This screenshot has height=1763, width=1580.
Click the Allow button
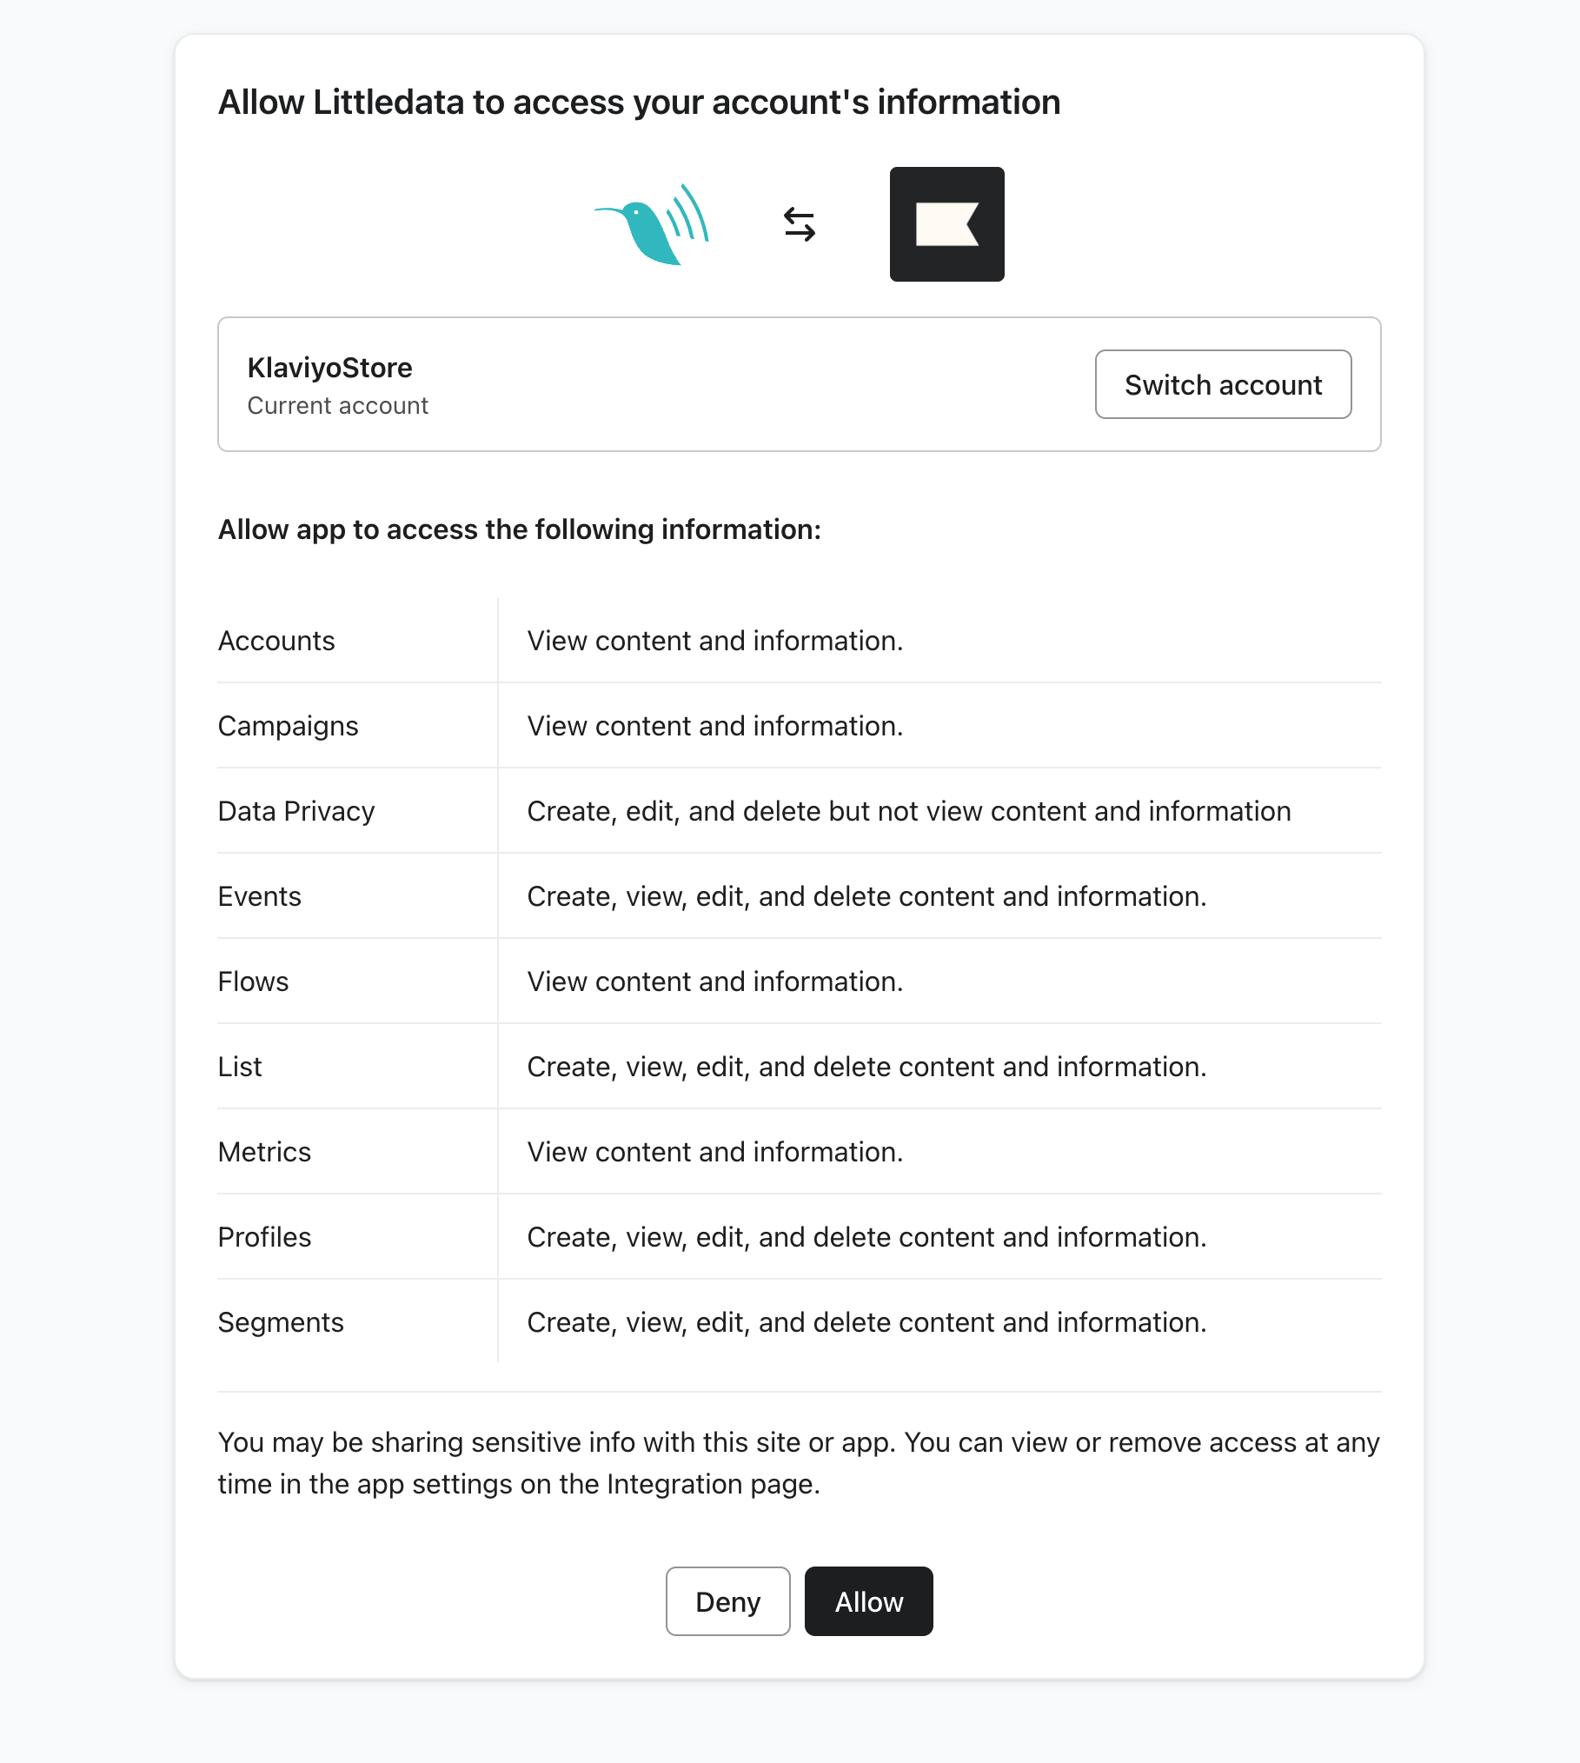point(868,1601)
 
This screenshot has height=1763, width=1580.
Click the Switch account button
point(1223,384)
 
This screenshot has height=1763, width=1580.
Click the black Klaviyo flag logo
point(946,224)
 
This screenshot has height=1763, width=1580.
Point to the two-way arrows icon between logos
point(800,224)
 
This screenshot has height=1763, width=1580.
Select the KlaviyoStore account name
point(329,368)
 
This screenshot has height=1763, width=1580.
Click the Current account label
point(337,406)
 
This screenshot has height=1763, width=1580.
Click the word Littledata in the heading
point(388,103)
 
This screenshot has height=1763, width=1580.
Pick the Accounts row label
point(276,641)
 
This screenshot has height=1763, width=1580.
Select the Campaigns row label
point(288,726)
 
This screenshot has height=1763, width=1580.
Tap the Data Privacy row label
point(296,811)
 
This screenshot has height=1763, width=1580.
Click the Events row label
point(260,896)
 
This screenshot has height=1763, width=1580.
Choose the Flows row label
point(253,981)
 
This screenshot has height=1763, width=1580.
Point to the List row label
point(240,1067)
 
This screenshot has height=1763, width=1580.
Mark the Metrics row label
point(264,1152)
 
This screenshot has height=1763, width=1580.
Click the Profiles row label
point(264,1237)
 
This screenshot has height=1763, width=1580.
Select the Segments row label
point(281,1322)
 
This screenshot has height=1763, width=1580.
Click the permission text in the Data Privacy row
point(909,811)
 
